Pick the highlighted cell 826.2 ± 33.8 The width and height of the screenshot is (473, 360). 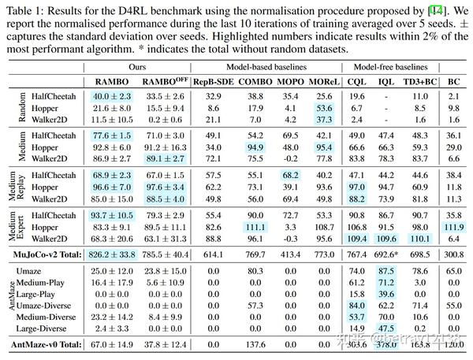[x=110, y=254]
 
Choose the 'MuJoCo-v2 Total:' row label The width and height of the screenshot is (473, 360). [x=48, y=254]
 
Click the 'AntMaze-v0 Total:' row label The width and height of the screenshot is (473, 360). [x=48, y=345]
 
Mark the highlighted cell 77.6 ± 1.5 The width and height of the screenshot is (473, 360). [x=110, y=135]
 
